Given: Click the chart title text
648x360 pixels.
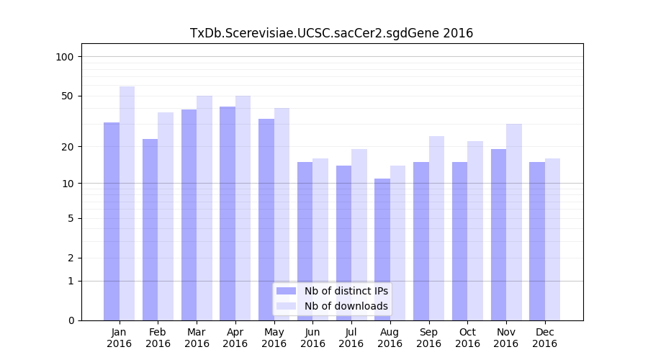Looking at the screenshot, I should click(x=331, y=33).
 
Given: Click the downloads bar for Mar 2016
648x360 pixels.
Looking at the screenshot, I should click(x=204, y=208).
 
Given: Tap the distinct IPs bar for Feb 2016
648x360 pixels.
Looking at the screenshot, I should click(x=150, y=230).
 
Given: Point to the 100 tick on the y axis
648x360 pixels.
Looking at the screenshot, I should click(x=69, y=57).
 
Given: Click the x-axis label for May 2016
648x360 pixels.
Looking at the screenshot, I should click(x=274, y=338).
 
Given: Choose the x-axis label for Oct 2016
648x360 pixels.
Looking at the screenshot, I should click(x=467, y=338).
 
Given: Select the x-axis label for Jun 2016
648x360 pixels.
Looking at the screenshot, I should click(x=312, y=338).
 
